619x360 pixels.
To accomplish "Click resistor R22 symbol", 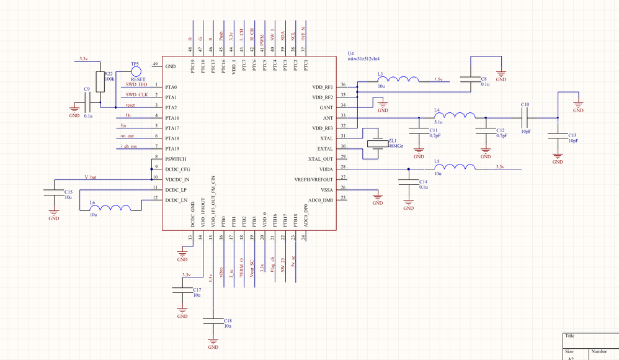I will tap(100, 81).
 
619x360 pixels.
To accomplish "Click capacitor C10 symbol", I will tap(525, 117).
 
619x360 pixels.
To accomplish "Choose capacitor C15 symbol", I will tap(54, 193).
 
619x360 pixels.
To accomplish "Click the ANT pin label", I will tap(328, 117).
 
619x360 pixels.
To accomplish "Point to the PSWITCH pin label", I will tap(176, 159).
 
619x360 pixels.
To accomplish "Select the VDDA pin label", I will tap(326, 169).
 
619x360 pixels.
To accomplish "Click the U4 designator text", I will tap(351, 54).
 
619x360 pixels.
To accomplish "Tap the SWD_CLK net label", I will tap(136, 94).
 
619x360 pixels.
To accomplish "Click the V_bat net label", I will tap(90, 177).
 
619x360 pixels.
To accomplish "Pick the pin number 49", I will tap(156, 63).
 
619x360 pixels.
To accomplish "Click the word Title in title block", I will tap(570, 336).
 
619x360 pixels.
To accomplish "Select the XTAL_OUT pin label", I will tap(321, 159).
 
